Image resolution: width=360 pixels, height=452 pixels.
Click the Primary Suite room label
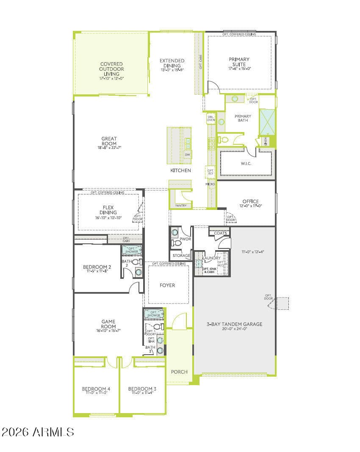[239, 62]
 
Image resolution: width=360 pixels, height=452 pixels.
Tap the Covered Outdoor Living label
[112, 69]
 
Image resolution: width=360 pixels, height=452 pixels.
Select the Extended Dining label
[172, 63]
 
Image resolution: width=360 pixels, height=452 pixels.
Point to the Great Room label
[109, 141]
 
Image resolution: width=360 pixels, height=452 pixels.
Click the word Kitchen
[180, 171]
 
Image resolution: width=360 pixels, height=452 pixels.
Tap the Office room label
[250, 201]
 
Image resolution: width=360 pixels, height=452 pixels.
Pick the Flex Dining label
[108, 210]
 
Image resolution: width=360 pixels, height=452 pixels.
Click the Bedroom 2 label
[97, 267]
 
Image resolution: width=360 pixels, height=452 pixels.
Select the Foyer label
[167, 285]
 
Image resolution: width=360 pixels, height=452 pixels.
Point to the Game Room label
[108, 324]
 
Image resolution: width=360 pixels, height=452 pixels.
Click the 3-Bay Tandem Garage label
[234, 324]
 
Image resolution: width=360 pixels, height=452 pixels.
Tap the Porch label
[179, 372]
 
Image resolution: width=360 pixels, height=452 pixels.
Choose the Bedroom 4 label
[96, 389]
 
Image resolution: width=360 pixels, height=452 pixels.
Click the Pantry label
[180, 206]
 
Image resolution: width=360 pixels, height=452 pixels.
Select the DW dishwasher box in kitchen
[188, 155]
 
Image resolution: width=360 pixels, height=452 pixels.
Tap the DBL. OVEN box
[211, 119]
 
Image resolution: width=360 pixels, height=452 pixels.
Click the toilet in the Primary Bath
[224, 139]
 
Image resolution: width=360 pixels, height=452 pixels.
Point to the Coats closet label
[220, 233]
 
